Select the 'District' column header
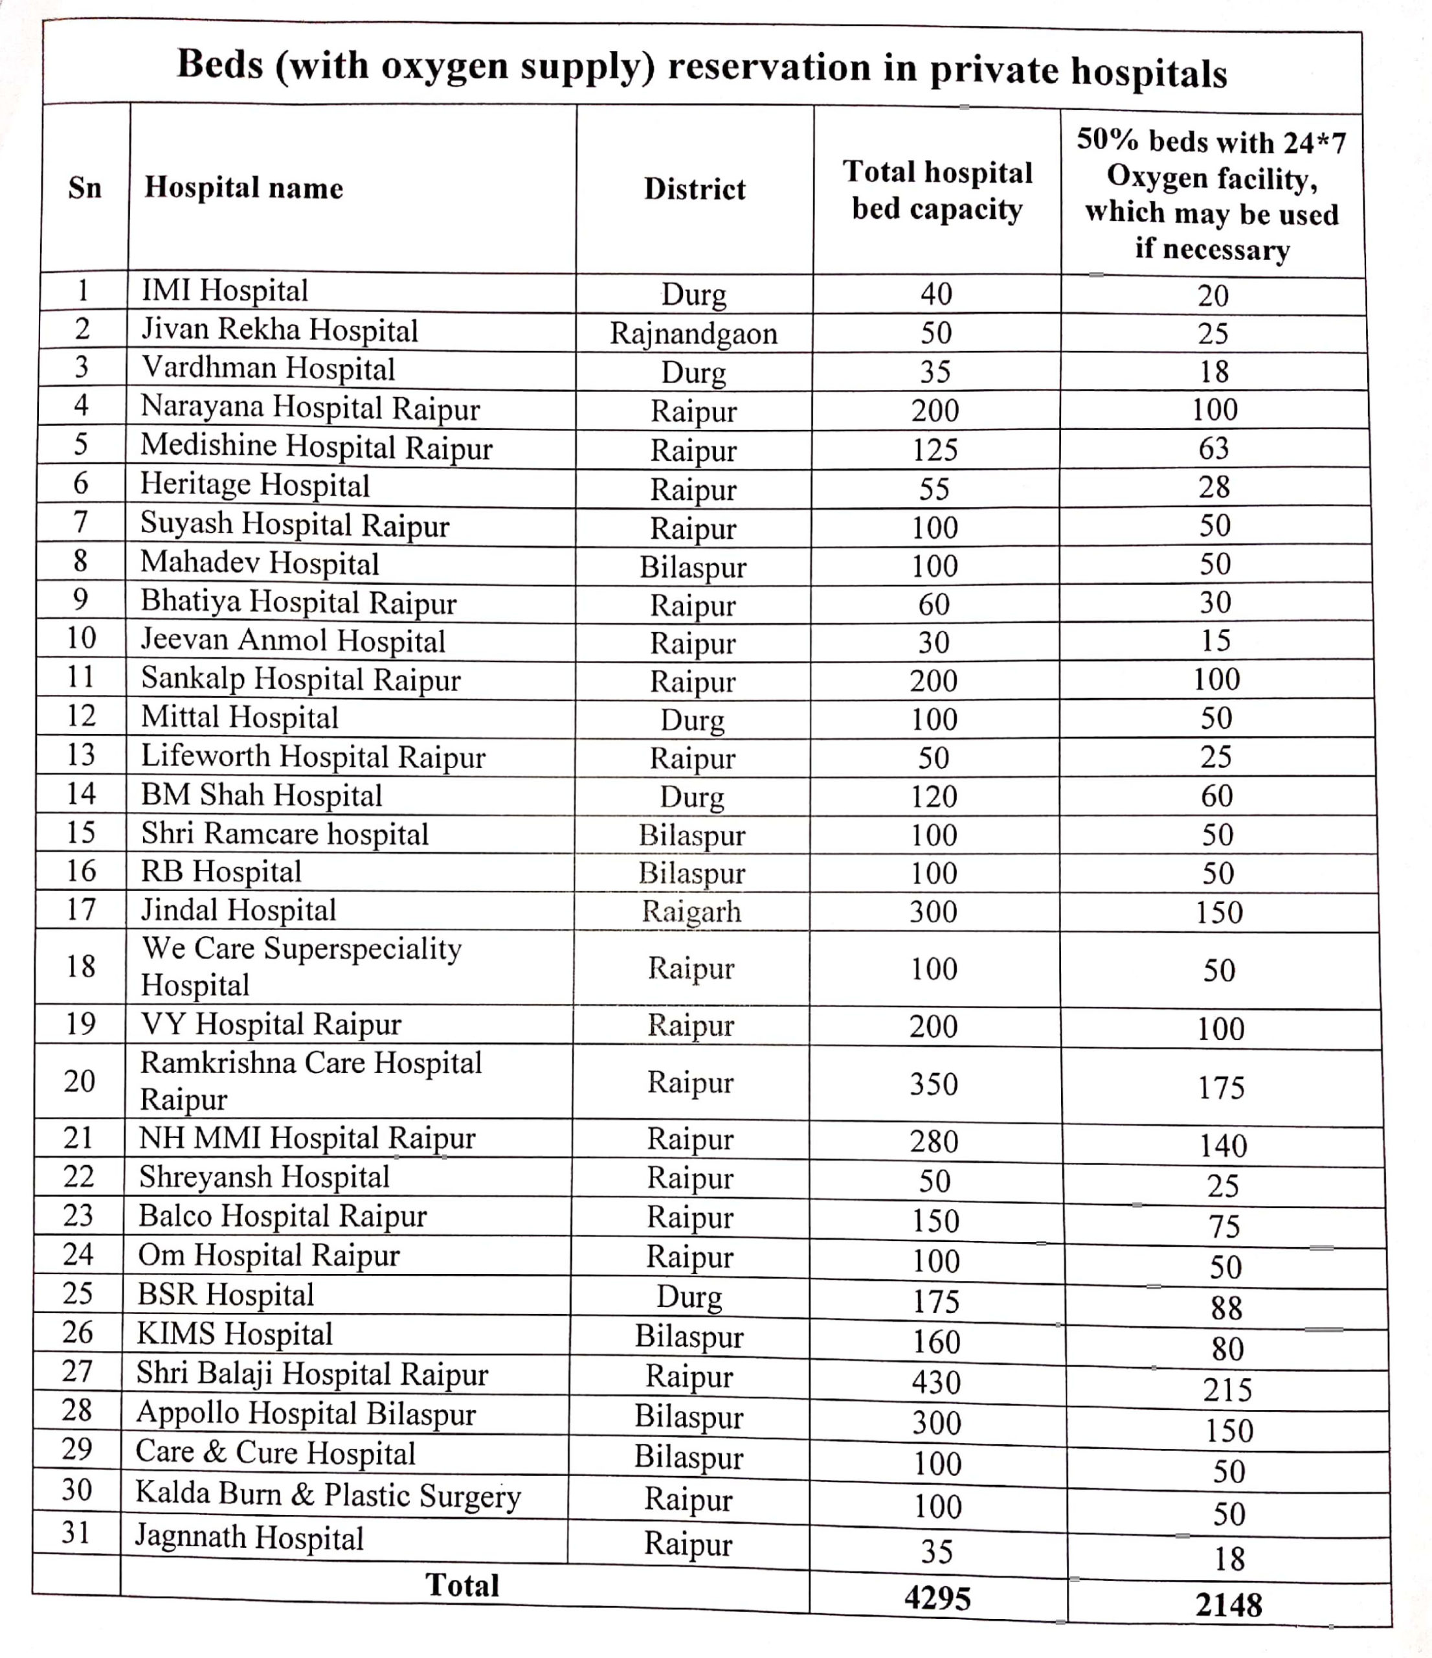click(695, 190)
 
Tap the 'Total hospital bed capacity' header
click(937, 190)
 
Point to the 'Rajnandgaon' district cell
click(693, 334)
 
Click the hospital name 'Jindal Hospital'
click(238, 911)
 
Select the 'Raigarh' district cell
click(691, 911)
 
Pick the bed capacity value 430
click(936, 1383)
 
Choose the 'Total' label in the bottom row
click(462, 1585)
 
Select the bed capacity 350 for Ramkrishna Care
click(934, 1084)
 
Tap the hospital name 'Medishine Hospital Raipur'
click(316, 448)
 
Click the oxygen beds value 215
click(1227, 1390)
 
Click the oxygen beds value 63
click(1214, 448)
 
